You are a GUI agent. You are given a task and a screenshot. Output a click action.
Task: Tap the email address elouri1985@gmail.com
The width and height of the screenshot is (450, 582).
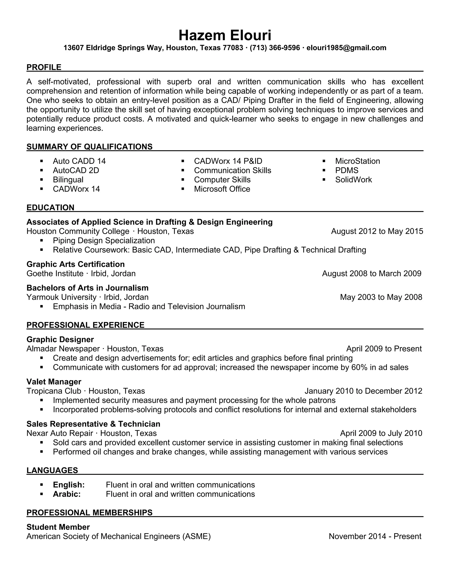pyautogui.click(x=346, y=48)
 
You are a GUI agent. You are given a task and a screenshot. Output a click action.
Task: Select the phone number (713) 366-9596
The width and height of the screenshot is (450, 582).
pyautogui.click(x=275, y=48)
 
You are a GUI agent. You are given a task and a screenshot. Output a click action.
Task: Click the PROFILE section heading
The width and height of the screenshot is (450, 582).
pyautogui.click(x=44, y=67)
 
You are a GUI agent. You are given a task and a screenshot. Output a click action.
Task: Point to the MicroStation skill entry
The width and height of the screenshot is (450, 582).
pyautogui.click(x=357, y=161)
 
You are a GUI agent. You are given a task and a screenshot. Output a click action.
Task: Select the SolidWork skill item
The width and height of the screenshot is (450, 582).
pyautogui.click(x=353, y=180)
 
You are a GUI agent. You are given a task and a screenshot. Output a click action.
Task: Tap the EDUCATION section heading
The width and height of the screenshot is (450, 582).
pyautogui.click(x=50, y=208)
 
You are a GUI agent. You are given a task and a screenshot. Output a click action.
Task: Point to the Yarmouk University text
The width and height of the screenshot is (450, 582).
pyautogui.click(x=61, y=297)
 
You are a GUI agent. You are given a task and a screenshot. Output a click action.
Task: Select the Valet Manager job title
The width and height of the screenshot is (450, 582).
pyautogui.click(x=54, y=382)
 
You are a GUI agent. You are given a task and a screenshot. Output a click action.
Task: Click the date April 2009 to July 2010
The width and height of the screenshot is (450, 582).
pyautogui.click(x=381, y=433)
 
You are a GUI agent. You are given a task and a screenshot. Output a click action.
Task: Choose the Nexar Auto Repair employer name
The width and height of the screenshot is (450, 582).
pyautogui.click(x=60, y=433)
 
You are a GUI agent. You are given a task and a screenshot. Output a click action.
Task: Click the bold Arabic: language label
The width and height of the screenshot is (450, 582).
pyautogui.click(x=67, y=494)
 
